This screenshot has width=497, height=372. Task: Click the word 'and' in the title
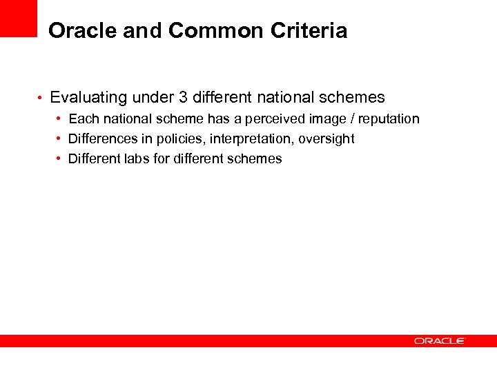click(141, 31)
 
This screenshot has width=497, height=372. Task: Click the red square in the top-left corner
click(18, 18)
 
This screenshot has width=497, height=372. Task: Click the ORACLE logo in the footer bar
click(440, 341)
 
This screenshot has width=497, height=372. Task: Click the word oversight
click(327, 139)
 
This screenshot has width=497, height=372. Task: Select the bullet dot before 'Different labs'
click(59, 159)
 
